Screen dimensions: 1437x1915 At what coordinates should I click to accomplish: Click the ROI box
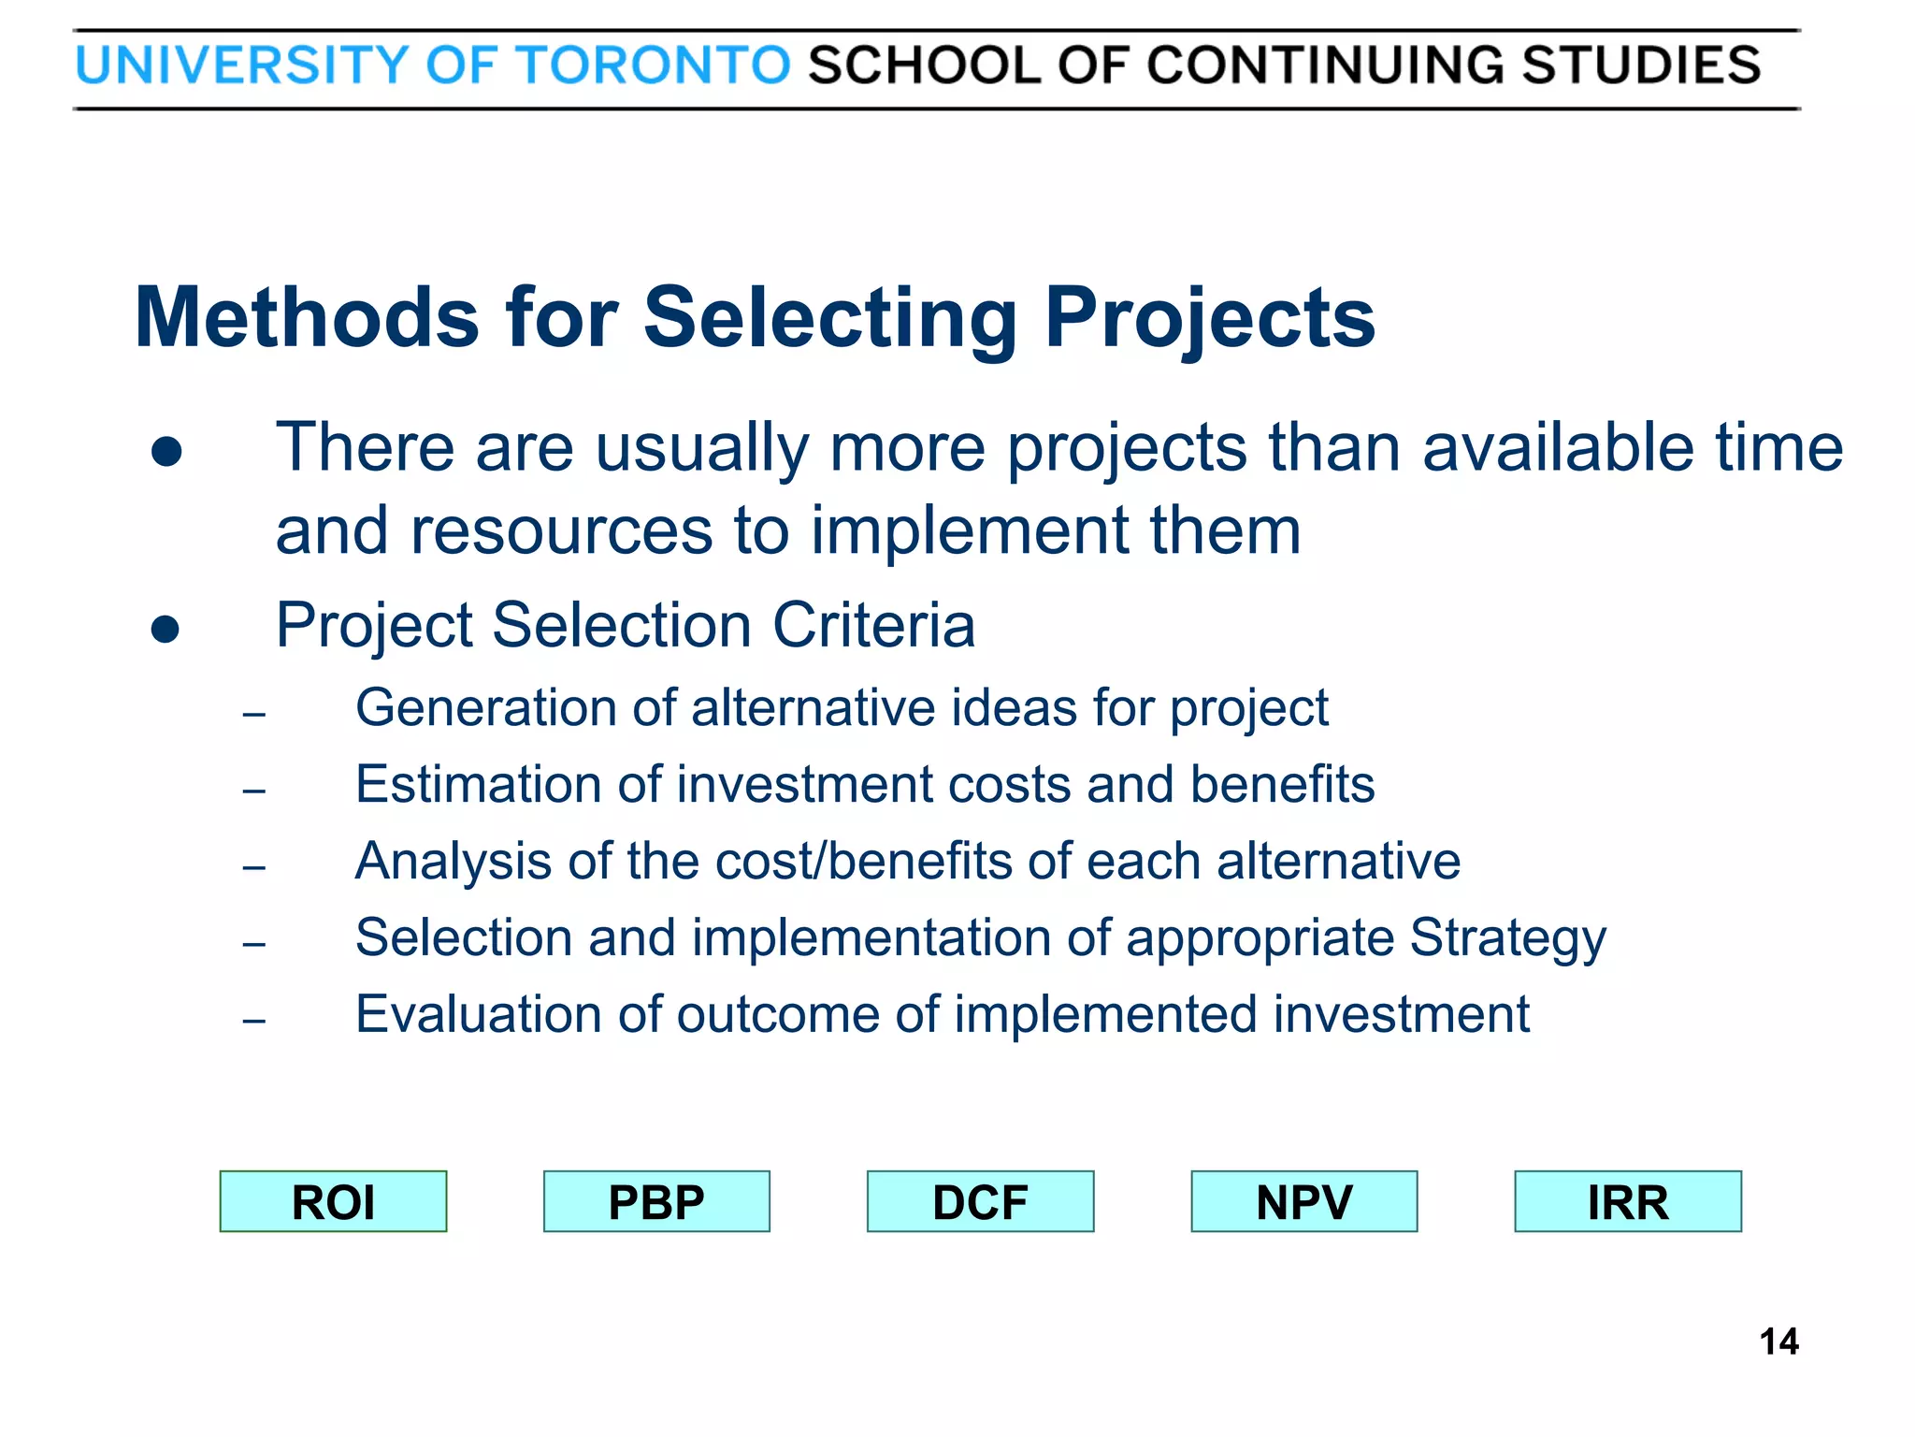pos(333,1201)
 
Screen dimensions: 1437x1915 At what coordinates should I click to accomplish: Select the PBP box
pos(656,1201)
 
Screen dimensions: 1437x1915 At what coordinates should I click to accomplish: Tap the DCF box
pos(980,1201)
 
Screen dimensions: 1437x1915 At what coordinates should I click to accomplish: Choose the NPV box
pos(1303,1201)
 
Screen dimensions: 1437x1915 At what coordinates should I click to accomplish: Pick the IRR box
pos(1628,1201)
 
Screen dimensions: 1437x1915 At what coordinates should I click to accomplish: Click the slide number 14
pos(1778,1342)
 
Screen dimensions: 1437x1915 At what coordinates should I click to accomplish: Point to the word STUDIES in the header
pos(1641,65)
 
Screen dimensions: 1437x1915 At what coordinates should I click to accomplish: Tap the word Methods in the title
pos(307,318)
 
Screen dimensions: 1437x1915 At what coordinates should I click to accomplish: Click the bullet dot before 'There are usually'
pos(166,453)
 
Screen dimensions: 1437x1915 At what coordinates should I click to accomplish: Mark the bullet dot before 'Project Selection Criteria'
pos(165,630)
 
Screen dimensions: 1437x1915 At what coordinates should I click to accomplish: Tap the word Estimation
pos(478,784)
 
